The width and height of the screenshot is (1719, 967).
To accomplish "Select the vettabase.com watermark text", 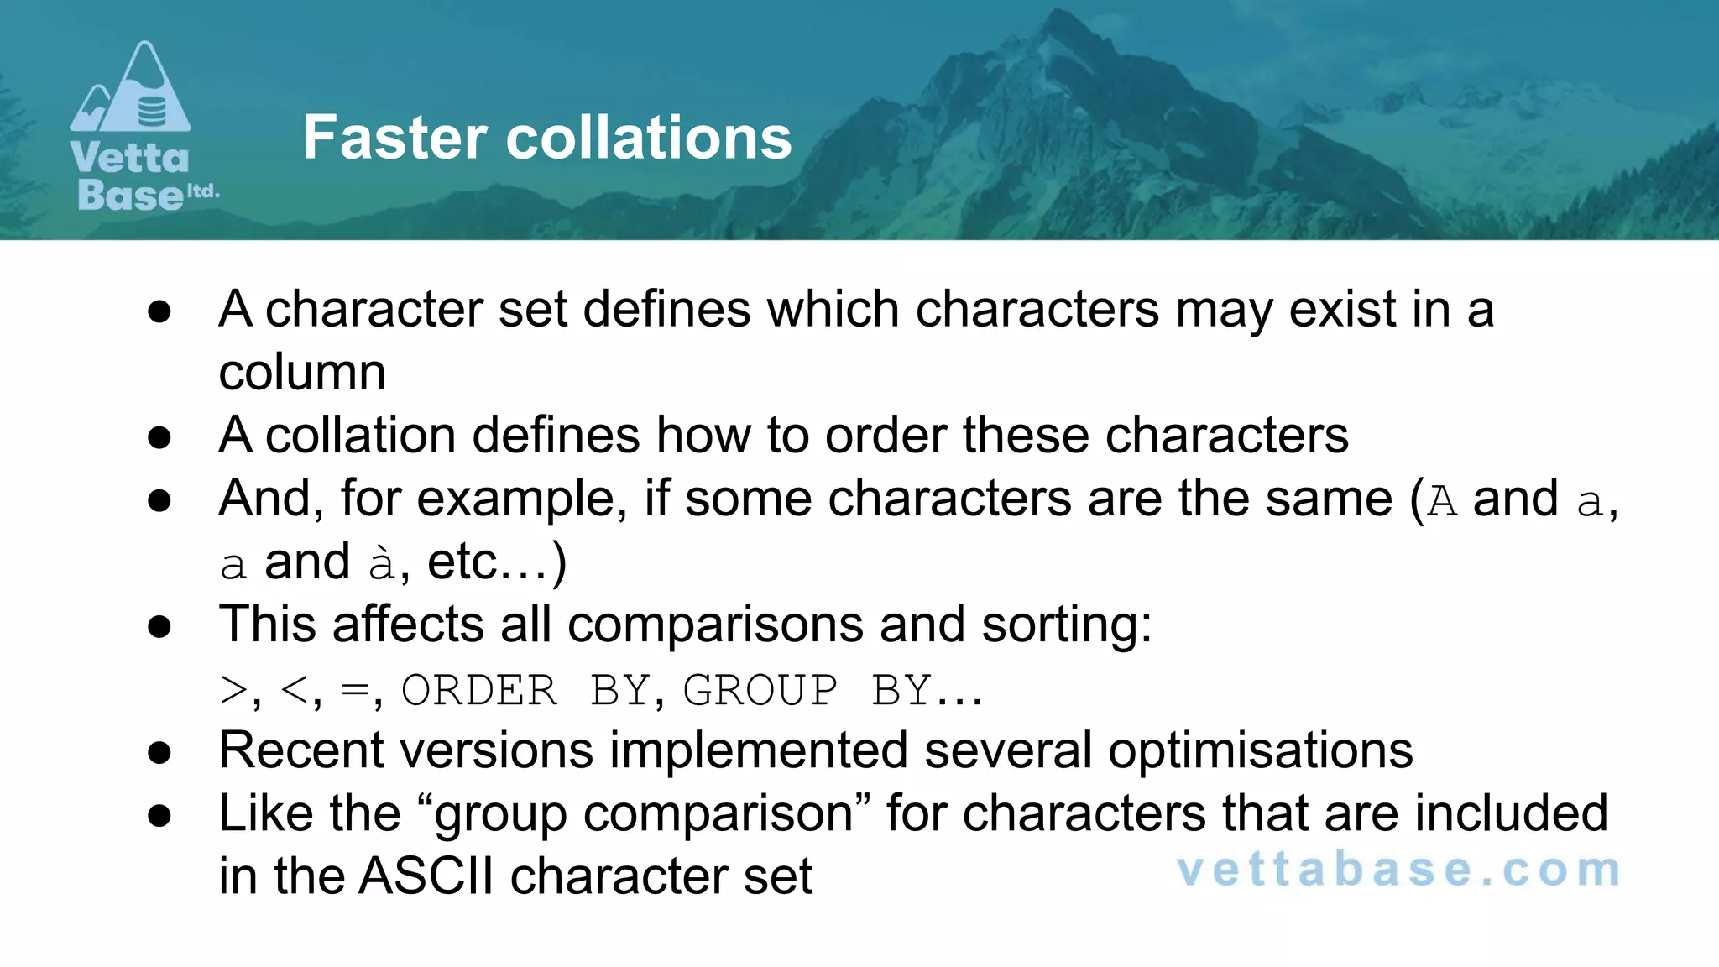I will click(x=1398, y=870).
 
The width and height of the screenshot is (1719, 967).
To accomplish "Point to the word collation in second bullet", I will click(x=360, y=435).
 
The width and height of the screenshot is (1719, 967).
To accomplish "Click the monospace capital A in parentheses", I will click(x=1442, y=501).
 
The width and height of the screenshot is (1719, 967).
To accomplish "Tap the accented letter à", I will click(x=382, y=562).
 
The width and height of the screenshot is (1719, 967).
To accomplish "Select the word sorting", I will click(x=1066, y=625).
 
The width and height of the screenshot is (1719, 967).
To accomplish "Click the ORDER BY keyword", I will click(x=524, y=691).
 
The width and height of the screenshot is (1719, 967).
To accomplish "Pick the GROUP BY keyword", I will click(x=806, y=691).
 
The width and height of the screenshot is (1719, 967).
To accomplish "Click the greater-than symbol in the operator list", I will click(x=233, y=691).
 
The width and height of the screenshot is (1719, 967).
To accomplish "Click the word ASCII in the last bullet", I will click(x=426, y=876).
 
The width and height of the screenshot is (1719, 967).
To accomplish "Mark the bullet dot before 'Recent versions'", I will click(x=159, y=752).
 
